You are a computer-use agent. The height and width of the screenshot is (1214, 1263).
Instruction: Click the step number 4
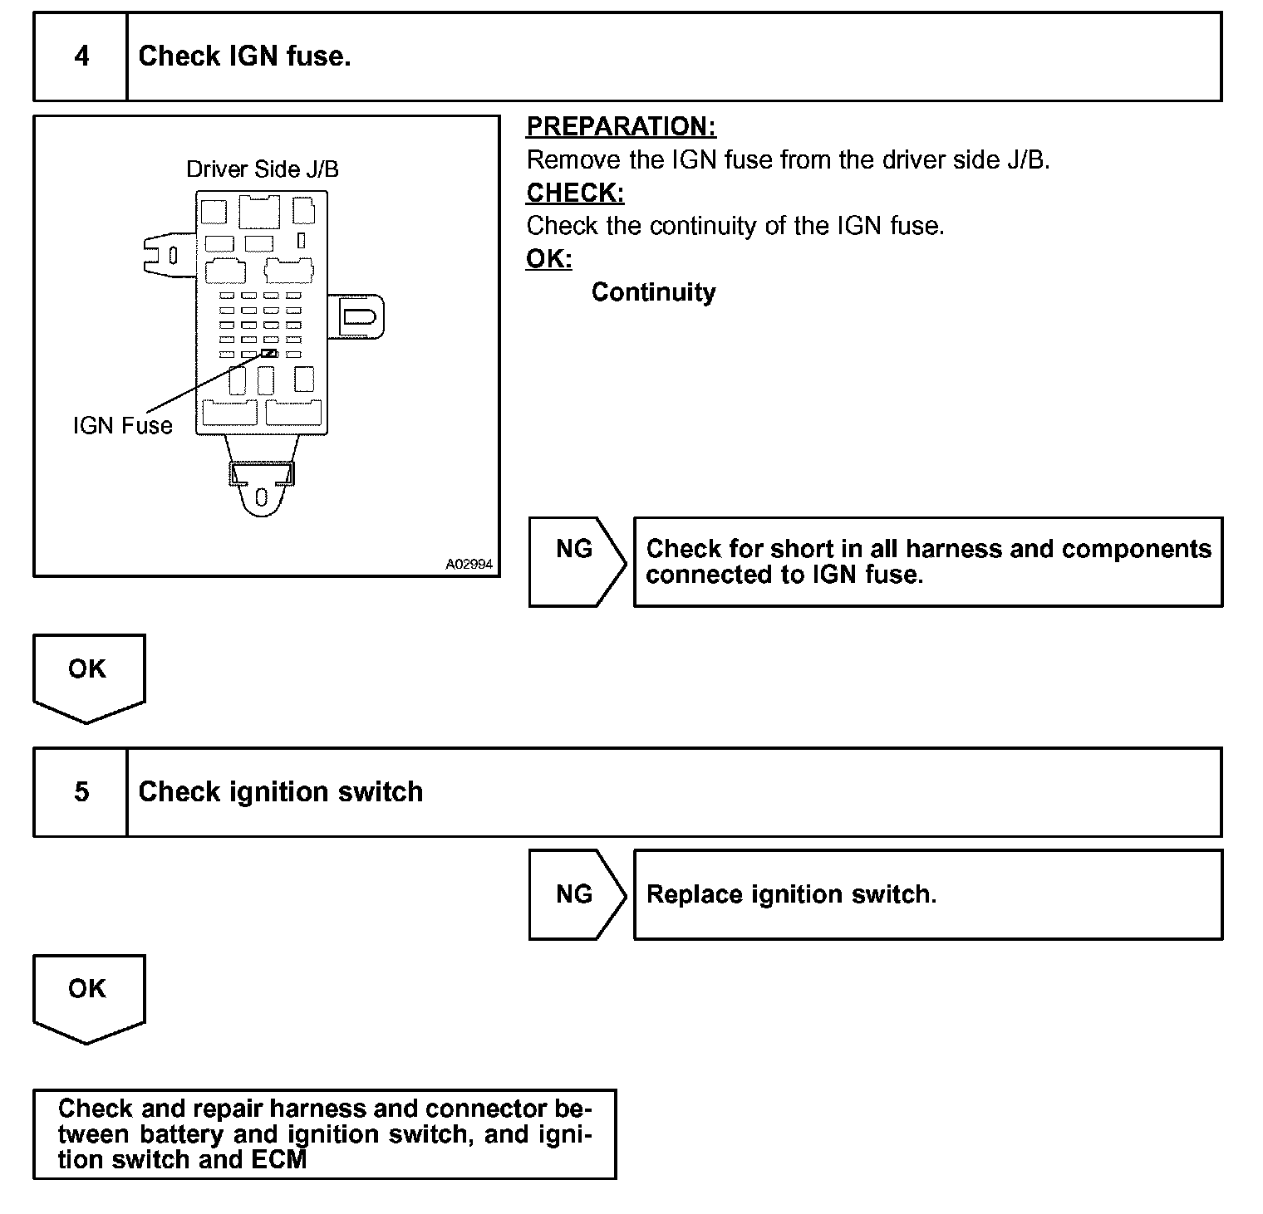pos(81,56)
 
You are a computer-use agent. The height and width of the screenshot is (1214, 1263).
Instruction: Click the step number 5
pos(81,791)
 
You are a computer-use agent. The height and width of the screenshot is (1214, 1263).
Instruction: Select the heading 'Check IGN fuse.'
pos(244,56)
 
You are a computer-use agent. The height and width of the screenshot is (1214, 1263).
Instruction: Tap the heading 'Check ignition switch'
pos(280,791)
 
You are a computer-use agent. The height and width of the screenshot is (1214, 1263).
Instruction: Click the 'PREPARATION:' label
pos(621,126)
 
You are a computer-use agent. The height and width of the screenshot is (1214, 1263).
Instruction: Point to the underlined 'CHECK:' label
pos(575,193)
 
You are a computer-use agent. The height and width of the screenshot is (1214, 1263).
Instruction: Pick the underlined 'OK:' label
pos(549,259)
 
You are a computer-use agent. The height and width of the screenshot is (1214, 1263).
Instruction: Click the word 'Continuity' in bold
pos(653,292)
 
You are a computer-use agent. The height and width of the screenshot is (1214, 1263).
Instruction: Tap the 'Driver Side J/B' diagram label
pos(263,169)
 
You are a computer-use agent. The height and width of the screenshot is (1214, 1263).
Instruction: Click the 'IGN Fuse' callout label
pos(123,426)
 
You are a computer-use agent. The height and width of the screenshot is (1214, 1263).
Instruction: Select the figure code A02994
pos(469,565)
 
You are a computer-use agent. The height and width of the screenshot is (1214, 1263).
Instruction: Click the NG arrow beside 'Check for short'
pos(575,561)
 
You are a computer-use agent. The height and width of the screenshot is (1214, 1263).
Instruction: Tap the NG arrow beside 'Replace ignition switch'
pos(575,894)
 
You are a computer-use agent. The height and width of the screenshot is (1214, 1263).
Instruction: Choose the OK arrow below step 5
pos(87,996)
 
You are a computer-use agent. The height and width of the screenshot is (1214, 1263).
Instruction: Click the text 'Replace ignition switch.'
pos(791,894)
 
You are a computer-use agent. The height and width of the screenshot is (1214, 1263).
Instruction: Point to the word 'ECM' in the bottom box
pos(277,1159)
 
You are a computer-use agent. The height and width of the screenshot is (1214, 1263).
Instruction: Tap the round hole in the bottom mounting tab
pos(262,497)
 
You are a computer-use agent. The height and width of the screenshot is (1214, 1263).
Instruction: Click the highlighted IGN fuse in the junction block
pos(269,353)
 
